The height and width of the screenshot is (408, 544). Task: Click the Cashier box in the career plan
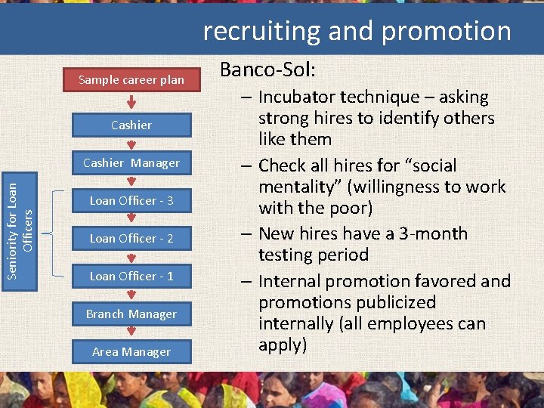click(x=131, y=125)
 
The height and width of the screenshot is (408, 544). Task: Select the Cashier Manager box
click(x=131, y=162)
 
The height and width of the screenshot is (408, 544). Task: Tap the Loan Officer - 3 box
click(x=131, y=200)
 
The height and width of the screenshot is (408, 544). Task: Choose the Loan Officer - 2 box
click(x=131, y=238)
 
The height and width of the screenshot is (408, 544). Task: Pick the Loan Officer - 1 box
click(x=131, y=276)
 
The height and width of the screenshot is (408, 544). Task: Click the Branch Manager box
click(x=131, y=314)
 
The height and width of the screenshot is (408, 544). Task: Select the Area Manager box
click(x=131, y=351)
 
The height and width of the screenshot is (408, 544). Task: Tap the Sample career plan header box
click(x=131, y=79)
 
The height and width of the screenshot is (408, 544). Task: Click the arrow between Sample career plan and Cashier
click(x=131, y=102)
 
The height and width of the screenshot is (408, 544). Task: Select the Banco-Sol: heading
click(x=267, y=70)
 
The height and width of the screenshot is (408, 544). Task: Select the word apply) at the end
click(x=283, y=345)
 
